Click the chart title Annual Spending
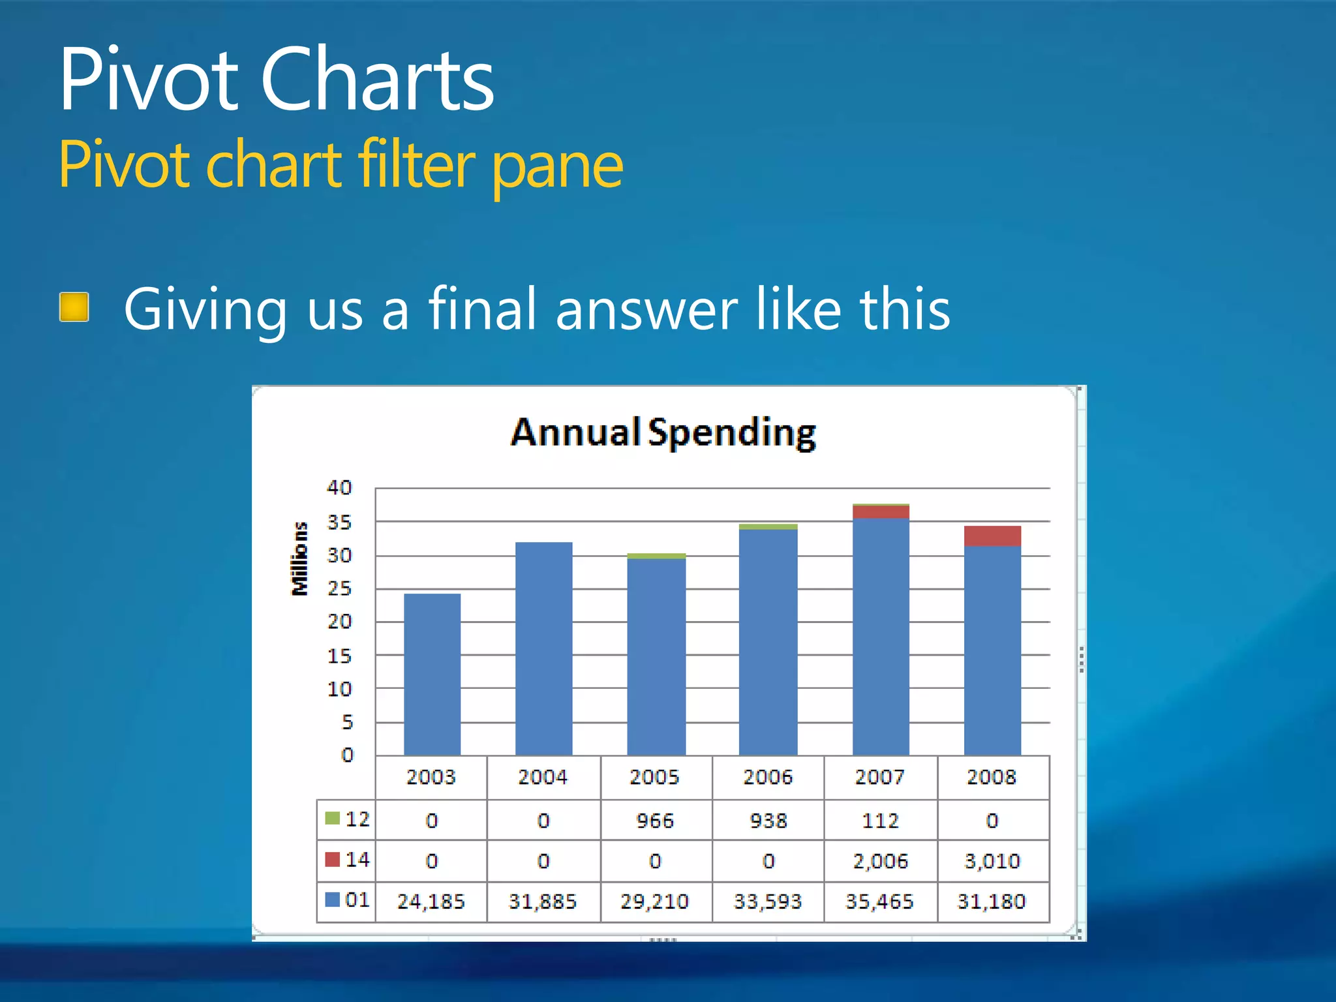click(x=663, y=433)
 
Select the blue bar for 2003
click(x=432, y=675)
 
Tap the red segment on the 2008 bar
click(x=992, y=536)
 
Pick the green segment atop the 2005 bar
click(x=656, y=556)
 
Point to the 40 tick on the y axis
click(x=339, y=488)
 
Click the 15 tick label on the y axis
click(x=339, y=656)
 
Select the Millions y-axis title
click(x=299, y=559)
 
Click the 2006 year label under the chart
click(x=768, y=778)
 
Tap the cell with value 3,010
click(x=992, y=862)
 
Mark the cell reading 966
click(x=655, y=821)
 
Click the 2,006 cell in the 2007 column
click(x=880, y=862)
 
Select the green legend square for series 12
click(x=333, y=819)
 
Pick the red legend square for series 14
click(x=333, y=860)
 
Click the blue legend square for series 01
click(x=333, y=900)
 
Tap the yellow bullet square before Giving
click(x=74, y=307)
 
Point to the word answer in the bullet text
click(x=646, y=310)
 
